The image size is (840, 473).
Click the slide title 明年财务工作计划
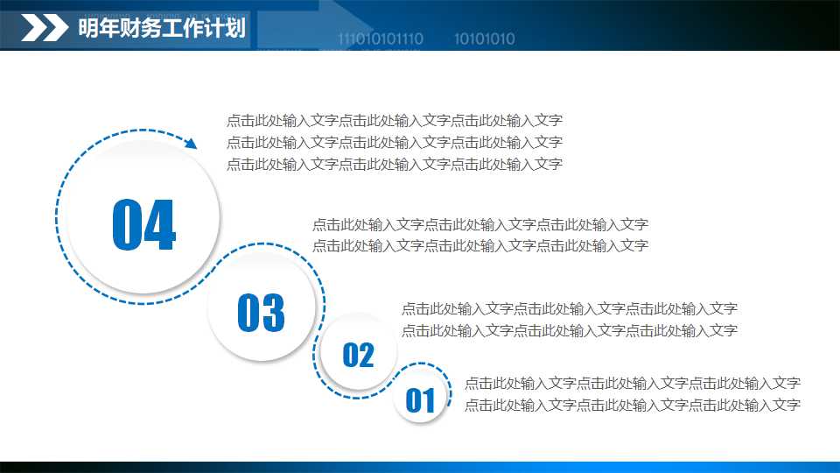(161, 28)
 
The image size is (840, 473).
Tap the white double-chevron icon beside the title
(45, 28)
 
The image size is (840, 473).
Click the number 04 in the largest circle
(144, 225)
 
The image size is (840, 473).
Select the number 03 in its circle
(261, 313)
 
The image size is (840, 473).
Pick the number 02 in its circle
(358, 355)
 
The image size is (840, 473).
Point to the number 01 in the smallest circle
(420, 401)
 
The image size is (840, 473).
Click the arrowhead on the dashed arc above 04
(190, 142)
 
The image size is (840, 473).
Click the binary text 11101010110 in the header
(381, 39)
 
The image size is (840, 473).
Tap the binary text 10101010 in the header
(485, 39)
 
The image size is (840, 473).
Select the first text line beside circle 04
(394, 121)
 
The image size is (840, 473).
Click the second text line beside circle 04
(394, 142)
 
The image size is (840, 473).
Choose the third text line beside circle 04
(394, 164)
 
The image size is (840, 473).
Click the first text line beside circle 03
(479, 225)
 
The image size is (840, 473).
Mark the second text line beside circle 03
(479, 246)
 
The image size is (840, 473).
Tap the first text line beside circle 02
(569, 308)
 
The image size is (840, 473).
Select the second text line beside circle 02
(569, 330)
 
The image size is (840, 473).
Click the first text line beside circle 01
(632, 383)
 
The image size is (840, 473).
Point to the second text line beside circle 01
(632, 405)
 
